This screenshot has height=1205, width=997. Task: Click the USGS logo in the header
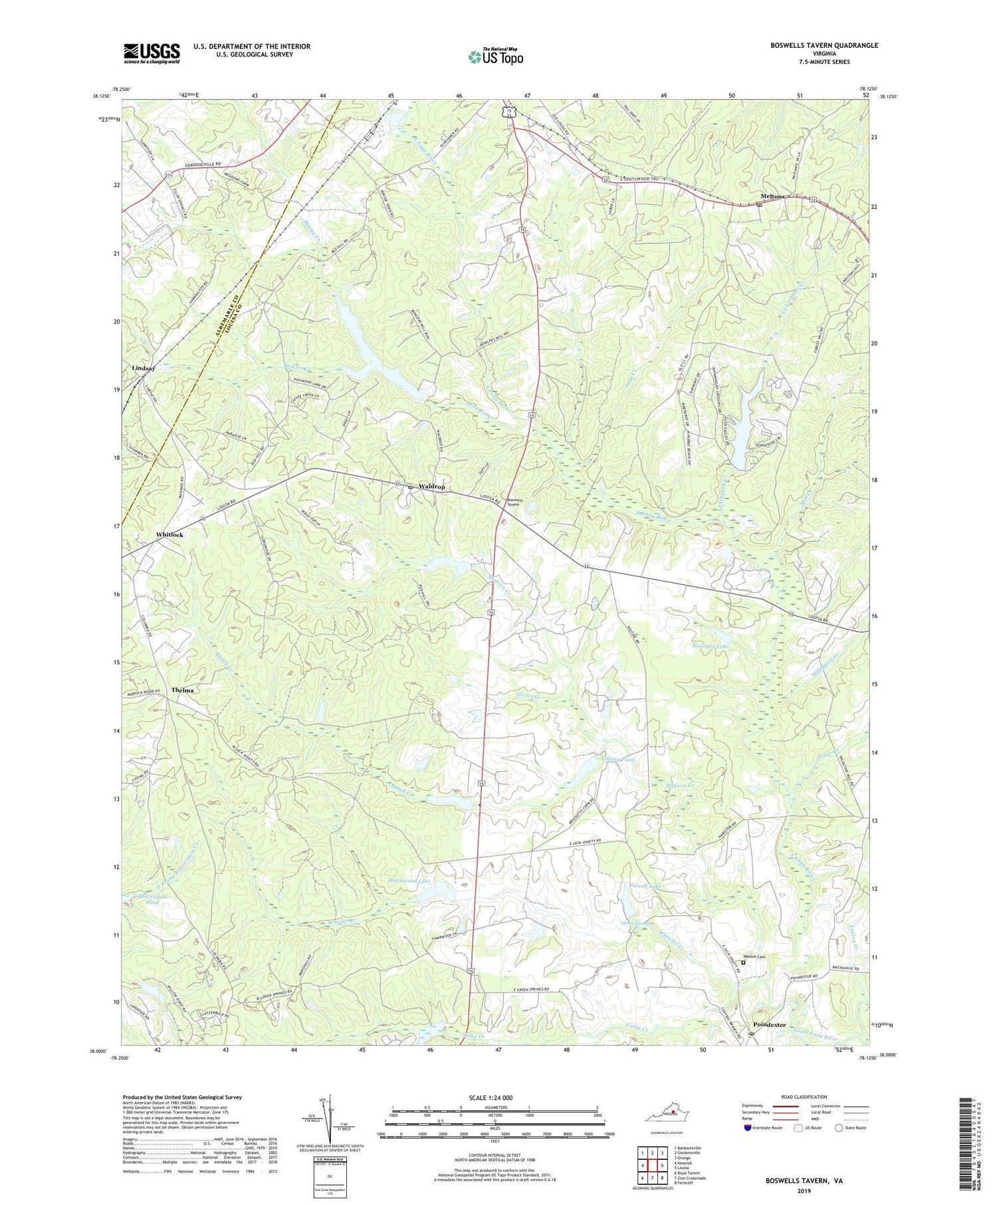[x=152, y=53]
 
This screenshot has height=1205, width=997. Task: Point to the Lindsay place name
[x=144, y=368]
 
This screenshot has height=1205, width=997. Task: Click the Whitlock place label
[x=169, y=534]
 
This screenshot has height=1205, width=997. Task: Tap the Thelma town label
[x=183, y=690]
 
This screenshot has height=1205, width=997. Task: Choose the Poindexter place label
[x=769, y=1024]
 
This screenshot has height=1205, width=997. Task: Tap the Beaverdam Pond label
[x=144, y=900]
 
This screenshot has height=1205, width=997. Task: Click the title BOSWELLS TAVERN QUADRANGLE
[x=824, y=45]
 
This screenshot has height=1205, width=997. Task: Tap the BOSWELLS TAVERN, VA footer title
[x=803, y=1181]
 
